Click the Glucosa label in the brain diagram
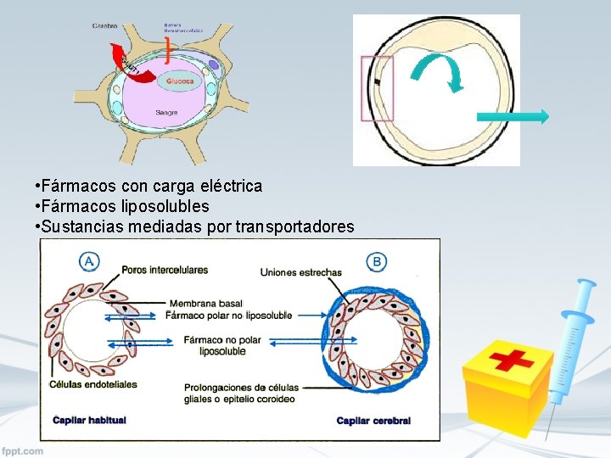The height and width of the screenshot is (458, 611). tap(180, 81)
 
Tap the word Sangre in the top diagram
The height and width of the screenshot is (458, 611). tap(166, 113)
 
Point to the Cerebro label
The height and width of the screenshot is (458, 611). tap(105, 26)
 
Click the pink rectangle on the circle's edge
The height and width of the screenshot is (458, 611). tap(377, 87)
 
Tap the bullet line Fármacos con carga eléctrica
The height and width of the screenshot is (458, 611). tap(149, 185)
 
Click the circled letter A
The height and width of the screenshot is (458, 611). tap(88, 262)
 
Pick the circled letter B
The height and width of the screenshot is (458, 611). tap(376, 261)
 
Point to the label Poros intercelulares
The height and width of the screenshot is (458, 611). tap(165, 270)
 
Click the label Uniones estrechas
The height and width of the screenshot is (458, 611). tap(301, 272)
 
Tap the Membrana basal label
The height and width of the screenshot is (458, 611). tap(205, 303)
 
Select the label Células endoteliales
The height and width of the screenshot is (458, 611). tap(93, 384)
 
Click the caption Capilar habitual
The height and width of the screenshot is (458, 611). tap(89, 420)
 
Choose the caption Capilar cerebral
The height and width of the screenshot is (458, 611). tap(373, 421)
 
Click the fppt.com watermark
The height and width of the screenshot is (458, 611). tap(23, 450)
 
